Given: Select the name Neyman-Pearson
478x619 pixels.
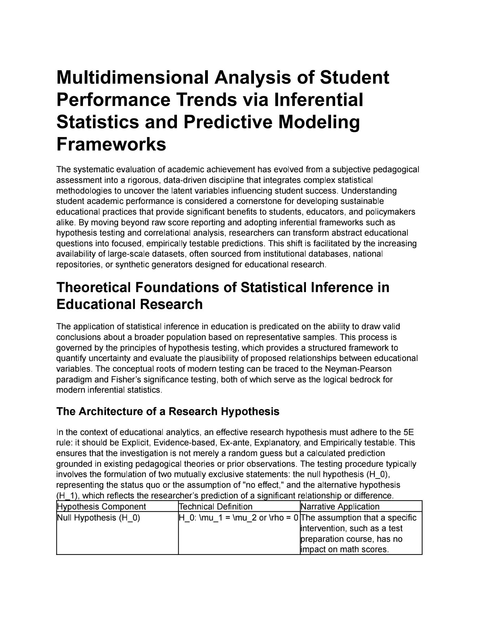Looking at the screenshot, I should coord(358,369).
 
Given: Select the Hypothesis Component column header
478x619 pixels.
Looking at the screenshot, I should coord(102,507).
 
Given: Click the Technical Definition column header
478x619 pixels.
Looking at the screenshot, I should coord(216,507).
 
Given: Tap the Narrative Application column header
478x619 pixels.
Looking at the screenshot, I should coord(340,507).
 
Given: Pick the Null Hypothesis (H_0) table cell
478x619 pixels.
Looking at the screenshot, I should coord(98,518).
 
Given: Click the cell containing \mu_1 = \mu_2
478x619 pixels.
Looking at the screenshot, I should coord(238,518).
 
